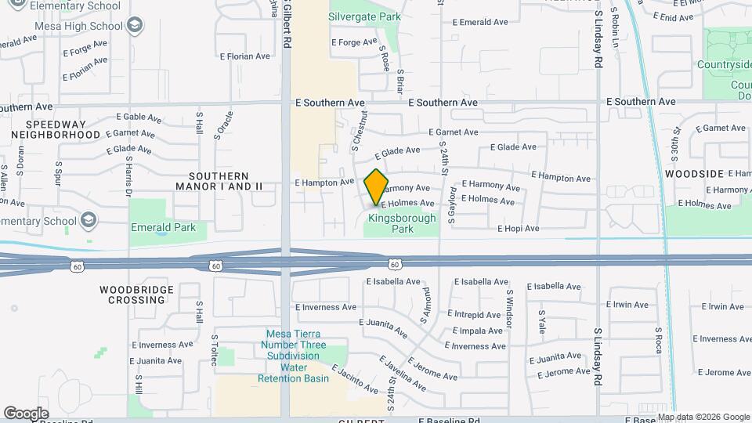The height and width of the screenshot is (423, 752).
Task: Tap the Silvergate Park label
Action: tap(364, 16)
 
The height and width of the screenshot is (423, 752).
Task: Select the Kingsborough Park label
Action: tap(402, 224)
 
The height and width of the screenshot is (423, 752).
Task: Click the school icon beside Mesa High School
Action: tap(136, 27)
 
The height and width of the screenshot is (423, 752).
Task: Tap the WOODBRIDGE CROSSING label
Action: tap(132, 295)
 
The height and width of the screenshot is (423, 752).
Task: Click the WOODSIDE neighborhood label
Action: tap(693, 173)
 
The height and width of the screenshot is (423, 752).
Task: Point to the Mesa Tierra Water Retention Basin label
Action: tap(294, 356)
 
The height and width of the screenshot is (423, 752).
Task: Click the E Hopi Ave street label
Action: tap(519, 229)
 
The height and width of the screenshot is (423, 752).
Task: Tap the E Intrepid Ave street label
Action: tap(476, 313)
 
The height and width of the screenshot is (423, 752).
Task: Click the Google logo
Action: tap(27, 414)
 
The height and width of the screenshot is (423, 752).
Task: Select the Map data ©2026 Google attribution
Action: tap(703, 417)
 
